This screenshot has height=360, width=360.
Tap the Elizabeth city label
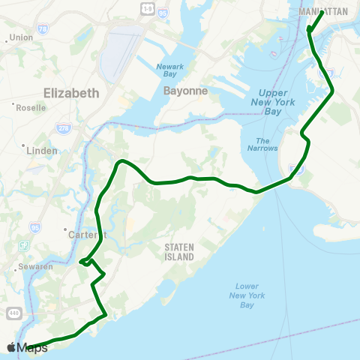coord(71,93)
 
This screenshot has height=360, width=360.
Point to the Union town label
coord(22,37)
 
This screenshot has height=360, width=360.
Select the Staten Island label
coord(179,251)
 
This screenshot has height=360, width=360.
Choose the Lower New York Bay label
coord(247,295)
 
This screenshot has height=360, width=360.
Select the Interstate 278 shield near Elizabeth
coord(61,128)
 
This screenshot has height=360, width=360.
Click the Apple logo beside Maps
coord(11,347)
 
